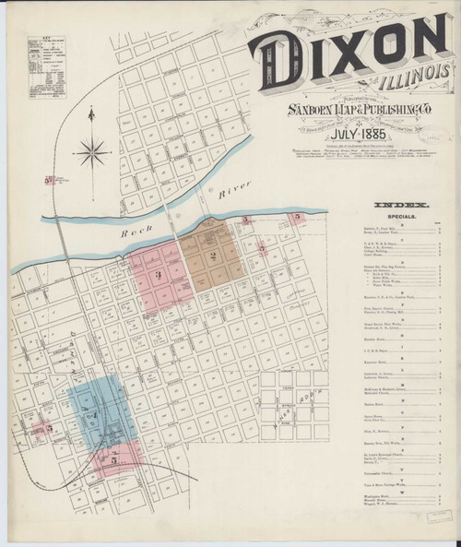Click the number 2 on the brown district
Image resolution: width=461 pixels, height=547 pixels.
click(x=213, y=256)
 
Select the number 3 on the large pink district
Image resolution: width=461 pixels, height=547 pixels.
click(x=159, y=274)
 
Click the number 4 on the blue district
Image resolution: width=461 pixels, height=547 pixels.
click(x=100, y=416)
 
